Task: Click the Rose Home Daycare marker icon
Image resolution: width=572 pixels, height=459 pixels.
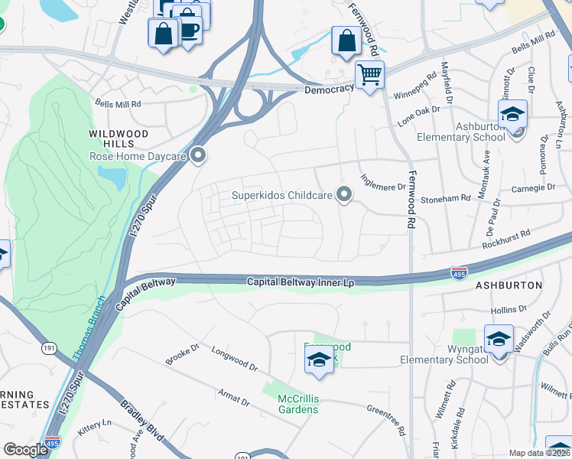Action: click(x=199, y=156)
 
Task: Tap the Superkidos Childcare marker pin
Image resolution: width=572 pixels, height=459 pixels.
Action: click(x=344, y=195)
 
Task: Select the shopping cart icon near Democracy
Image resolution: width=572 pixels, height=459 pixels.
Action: click(x=370, y=75)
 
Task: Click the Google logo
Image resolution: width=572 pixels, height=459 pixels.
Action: click(x=25, y=450)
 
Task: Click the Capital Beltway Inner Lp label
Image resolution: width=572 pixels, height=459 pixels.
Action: click(x=301, y=283)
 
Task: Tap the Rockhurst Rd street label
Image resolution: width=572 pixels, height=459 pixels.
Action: click(x=505, y=239)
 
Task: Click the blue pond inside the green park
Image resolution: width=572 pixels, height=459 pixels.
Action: click(x=112, y=178)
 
